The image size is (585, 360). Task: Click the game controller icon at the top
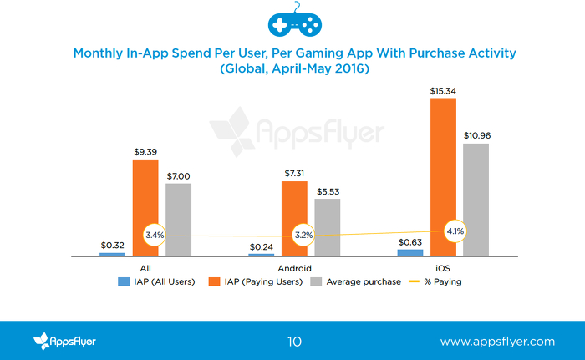[x=293, y=23]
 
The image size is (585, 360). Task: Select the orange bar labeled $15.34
[x=443, y=176]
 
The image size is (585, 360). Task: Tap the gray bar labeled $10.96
[x=476, y=199]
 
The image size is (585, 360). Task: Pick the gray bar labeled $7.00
[x=178, y=219]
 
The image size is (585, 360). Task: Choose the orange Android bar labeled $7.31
[x=294, y=217]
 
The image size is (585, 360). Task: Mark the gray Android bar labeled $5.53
[x=327, y=226]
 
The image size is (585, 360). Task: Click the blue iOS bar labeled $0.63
[x=410, y=251]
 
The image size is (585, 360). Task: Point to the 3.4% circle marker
[x=155, y=236]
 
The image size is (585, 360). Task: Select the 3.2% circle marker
[x=303, y=236]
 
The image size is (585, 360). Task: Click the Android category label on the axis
[x=293, y=268]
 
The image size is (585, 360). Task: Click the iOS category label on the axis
[x=443, y=268]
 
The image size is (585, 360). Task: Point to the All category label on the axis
[x=145, y=268]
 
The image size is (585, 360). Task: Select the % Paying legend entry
[x=436, y=281]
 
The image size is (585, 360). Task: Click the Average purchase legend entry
[x=358, y=281]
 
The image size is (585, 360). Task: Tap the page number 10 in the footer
[x=293, y=342]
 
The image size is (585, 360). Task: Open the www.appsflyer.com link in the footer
[x=497, y=342]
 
